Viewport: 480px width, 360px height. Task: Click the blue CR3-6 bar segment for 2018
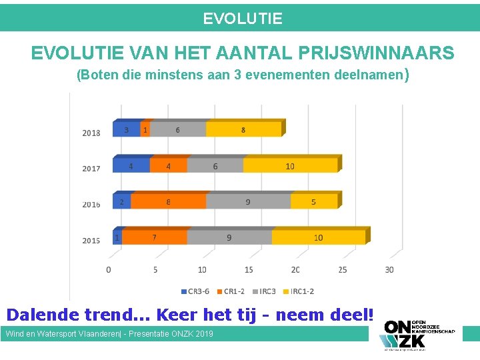click(127, 130)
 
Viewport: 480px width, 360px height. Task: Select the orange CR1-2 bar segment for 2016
click(169, 201)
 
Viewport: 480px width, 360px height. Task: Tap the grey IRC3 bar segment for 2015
click(230, 237)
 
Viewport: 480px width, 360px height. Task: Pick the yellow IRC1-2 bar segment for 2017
click(290, 166)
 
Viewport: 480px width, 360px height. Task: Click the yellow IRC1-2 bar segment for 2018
click(243, 130)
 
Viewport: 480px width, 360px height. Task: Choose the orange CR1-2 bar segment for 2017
click(168, 166)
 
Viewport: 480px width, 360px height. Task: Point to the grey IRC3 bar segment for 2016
click(248, 201)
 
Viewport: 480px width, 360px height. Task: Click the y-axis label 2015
click(91, 240)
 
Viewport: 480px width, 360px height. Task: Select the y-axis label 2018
click(91, 133)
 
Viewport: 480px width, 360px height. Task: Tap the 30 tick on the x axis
click(389, 269)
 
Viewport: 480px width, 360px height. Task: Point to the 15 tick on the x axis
click(249, 269)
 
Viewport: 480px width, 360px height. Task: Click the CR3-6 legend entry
click(195, 291)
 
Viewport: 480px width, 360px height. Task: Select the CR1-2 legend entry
click(231, 291)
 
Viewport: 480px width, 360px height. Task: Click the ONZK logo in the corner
click(417, 333)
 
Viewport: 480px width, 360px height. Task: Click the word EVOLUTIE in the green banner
click(243, 19)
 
